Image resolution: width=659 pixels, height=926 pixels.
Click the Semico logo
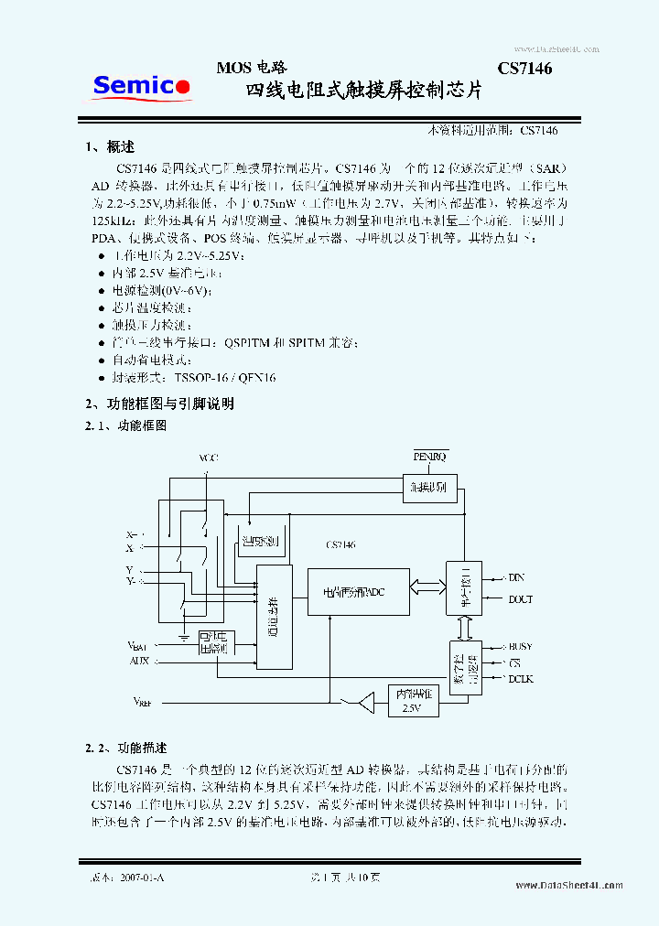142,87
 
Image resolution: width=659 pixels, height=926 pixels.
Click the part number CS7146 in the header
524,69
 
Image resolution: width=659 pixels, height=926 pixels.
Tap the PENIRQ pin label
429,456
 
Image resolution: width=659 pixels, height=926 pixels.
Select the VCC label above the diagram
209,458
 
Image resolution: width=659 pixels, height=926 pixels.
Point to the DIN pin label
516,577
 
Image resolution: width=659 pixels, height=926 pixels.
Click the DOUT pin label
520,600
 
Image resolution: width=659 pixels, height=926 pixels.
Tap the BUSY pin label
520,647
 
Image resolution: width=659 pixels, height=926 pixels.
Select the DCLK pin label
520,678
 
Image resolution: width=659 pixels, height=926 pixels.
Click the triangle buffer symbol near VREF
365,703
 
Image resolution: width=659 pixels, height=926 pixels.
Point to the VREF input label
142,702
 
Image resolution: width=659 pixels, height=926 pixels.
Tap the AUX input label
139,660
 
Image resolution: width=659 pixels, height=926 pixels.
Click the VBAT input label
138,645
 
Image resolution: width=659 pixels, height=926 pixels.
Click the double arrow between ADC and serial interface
427,586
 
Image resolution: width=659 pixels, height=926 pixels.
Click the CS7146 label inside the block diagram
340,544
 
